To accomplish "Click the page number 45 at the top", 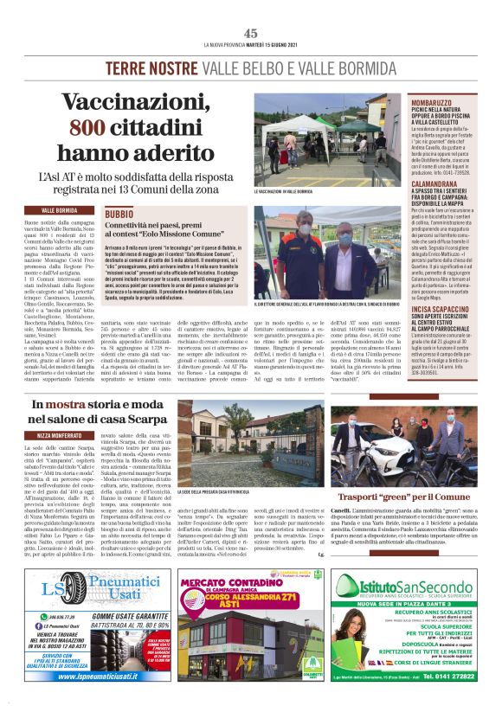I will pos(250,33).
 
